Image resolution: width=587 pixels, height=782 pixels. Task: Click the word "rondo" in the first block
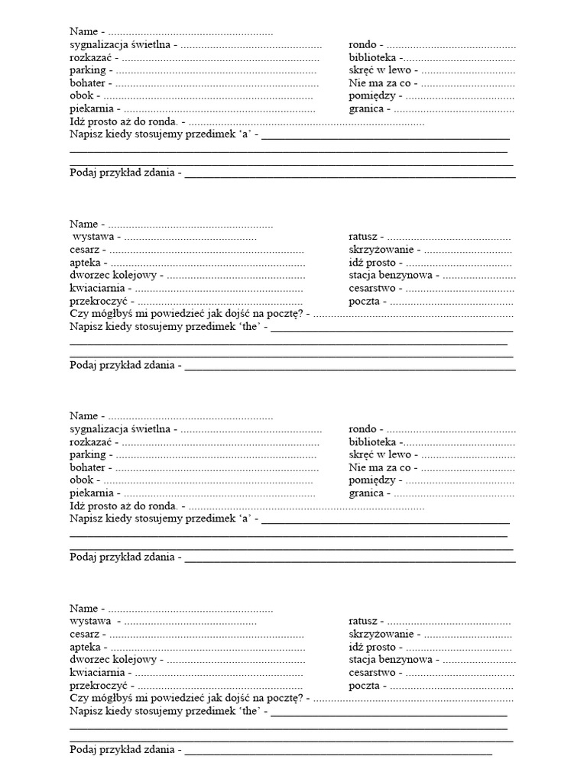(362, 45)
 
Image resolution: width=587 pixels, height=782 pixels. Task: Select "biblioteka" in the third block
(372, 442)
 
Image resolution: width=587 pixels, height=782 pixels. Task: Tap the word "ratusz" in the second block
(363, 238)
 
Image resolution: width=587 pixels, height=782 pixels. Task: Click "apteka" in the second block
(85, 263)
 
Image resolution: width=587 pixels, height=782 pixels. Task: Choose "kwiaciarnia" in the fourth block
(97, 673)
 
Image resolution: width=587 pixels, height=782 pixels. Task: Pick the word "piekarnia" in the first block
(91, 109)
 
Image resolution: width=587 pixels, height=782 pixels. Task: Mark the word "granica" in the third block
(366, 493)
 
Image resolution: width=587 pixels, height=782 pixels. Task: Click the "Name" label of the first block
(83, 32)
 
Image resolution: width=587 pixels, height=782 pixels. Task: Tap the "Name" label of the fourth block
(83, 609)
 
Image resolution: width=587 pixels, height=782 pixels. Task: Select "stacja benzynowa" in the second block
(391, 275)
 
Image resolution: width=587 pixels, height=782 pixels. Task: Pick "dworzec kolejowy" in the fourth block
(113, 660)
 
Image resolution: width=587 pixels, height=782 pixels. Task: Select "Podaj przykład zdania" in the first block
(122, 173)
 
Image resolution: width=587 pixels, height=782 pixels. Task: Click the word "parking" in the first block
(87, 70)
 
